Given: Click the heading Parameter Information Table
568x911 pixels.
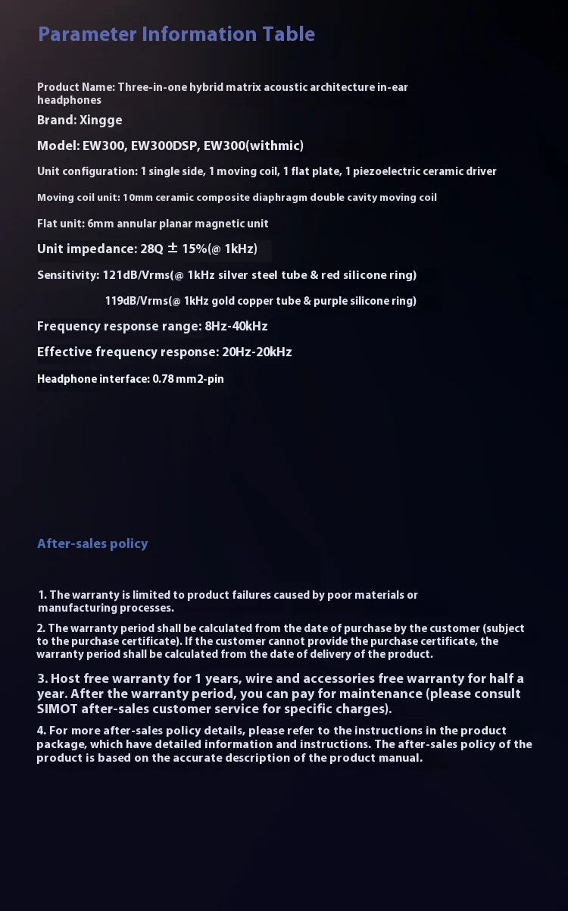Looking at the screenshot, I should [x=176, y=34].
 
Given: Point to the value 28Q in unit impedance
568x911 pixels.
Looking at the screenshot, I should [x=152, y=249].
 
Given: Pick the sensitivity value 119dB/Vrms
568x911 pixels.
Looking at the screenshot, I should [x=138, y=301].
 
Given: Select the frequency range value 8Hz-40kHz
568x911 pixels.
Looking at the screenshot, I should [x=236, y=327].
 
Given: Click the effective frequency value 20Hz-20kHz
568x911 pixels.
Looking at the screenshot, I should [x=256, y=352].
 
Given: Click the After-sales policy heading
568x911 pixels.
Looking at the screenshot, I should [x=92, y=543].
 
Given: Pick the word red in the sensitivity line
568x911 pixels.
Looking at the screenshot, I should [x=330, y=275].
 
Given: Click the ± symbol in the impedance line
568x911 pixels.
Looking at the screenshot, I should [x=172, y=249].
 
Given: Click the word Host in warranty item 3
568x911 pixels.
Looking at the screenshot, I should [x=66, y=678].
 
